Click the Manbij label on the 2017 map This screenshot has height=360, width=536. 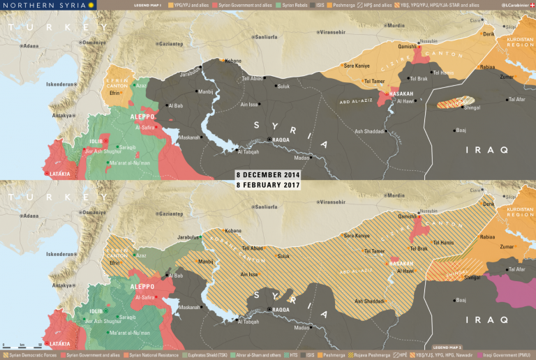[x=206, y=262]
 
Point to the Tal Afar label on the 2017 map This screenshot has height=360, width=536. [x=517, y=269]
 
